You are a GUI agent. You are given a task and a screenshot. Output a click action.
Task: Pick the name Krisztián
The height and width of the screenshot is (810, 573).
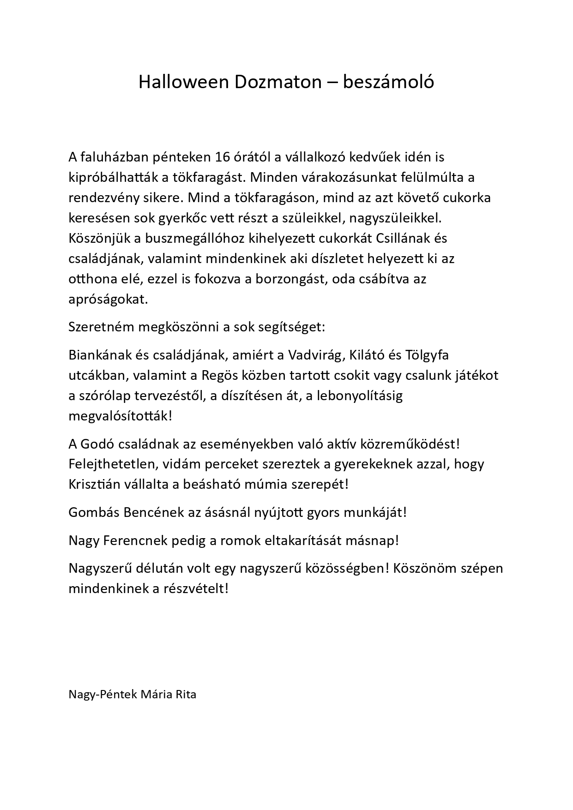click(95, 485)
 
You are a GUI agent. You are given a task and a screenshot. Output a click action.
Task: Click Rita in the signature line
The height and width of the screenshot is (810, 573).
click(186, 694)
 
